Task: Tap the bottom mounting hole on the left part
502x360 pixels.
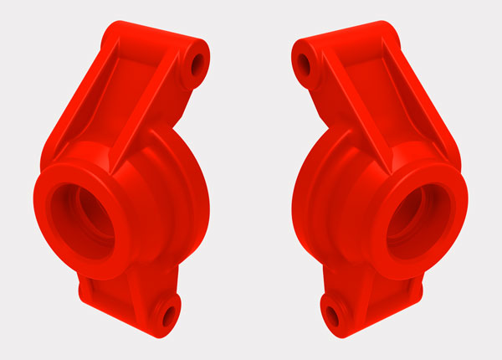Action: coord(166,315)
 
